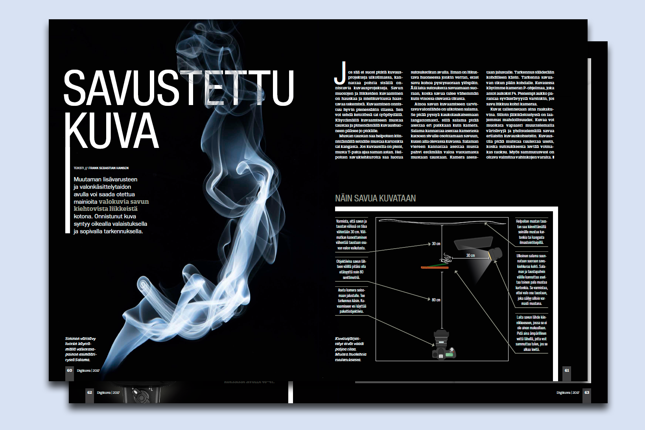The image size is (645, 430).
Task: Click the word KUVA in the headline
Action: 112,130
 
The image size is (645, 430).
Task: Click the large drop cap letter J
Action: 340,73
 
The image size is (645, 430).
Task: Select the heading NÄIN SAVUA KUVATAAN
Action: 375,198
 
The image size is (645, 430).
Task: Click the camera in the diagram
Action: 443,345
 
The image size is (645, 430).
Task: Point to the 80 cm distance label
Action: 436,300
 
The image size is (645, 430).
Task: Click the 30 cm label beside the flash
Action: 470,255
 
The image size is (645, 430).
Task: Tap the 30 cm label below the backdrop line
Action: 436,244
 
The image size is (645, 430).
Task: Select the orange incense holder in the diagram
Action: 434,268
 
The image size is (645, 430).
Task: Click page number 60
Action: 70,370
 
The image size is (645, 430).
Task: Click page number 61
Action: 567,370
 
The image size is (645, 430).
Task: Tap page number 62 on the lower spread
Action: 90,392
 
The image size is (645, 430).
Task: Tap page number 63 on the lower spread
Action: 586,392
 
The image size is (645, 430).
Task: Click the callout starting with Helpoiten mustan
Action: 531,232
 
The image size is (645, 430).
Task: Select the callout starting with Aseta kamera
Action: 351,301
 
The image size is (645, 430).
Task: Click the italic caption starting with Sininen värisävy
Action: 81,349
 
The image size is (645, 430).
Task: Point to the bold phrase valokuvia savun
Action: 123,201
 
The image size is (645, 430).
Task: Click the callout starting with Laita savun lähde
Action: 531,333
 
